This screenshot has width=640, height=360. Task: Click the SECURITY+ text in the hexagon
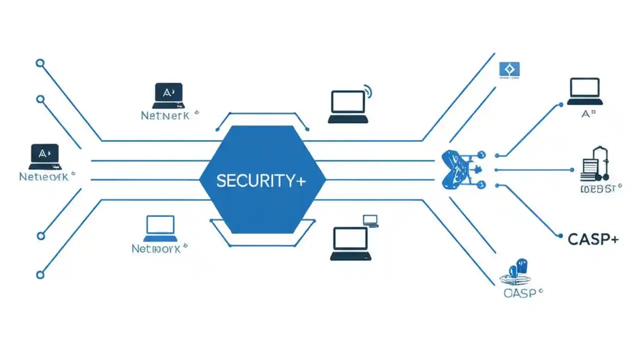260,181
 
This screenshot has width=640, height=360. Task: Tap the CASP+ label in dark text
593,239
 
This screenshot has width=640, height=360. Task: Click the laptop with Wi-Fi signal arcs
348,106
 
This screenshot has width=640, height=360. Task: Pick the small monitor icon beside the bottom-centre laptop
370,220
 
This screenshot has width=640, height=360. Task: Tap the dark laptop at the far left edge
44,156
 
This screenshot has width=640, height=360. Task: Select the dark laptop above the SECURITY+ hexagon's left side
168,95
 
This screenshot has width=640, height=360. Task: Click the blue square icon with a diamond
509,70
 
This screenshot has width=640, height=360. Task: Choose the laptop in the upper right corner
584,91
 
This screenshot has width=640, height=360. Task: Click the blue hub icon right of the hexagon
457,170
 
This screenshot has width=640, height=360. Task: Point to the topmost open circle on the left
40,63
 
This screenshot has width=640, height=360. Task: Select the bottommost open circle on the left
40,274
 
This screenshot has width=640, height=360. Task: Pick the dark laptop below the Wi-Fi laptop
350,243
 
